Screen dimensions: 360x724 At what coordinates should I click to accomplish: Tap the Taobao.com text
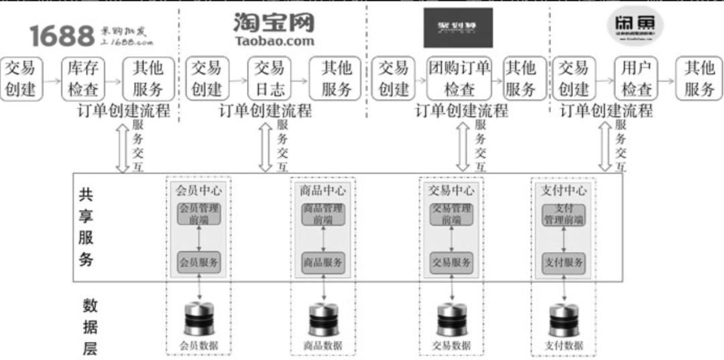[274, 41]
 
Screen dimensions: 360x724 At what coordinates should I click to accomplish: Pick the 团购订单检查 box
[459, 78]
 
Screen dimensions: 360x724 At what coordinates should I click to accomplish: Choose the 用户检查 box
[637, 78]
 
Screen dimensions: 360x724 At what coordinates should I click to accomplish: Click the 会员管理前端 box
[198, 214]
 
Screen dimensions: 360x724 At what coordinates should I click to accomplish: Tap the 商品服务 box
[323, 262]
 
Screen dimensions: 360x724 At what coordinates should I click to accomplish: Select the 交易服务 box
[450, 262]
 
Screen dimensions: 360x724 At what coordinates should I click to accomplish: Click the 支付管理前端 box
[563, 214]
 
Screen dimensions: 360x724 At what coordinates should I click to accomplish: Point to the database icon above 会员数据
[198, 318]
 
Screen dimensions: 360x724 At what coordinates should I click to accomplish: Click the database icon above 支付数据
[563, 320]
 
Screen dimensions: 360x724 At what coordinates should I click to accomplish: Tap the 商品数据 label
[323, 346]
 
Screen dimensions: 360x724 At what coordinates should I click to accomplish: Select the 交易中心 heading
[450, 190]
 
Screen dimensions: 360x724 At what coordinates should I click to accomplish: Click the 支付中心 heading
[563, 190]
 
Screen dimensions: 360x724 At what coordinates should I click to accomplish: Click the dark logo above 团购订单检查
[458, 27]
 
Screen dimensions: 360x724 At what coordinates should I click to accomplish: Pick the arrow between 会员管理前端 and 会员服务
[198, 238]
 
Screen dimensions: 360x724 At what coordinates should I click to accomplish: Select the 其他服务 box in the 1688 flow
[148, 78]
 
